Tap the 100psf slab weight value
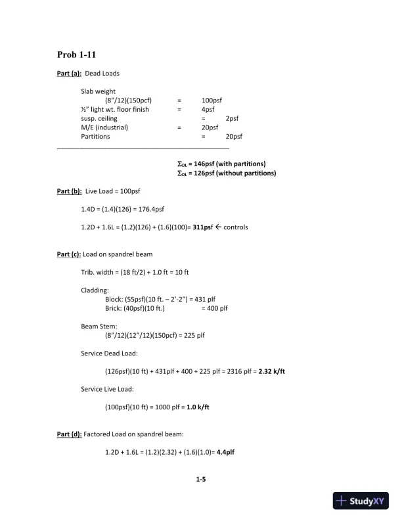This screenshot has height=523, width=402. (x=212, y=101)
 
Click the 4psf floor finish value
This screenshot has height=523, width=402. (x=208, y=110)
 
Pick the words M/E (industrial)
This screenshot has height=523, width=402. (x=104, y=128)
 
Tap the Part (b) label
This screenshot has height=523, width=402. (x=69, y=191)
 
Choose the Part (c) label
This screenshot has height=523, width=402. (x=69, y=254)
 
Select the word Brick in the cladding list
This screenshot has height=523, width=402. (x=113, y=308)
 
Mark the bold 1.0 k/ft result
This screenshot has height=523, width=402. (x=196, y=407)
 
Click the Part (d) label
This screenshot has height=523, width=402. (x=69, y=434)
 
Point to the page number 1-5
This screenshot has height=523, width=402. (x=201, y=480)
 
